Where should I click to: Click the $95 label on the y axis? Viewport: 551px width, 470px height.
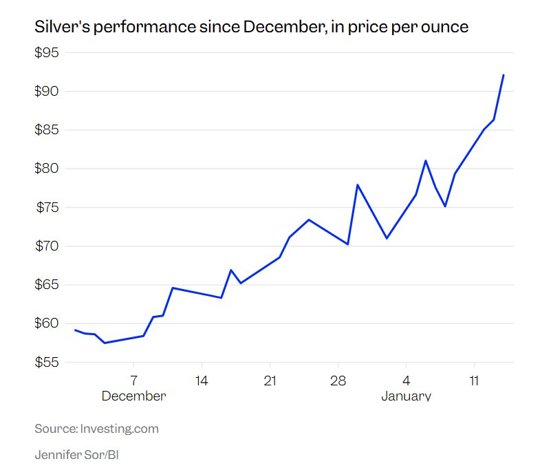[47, 53]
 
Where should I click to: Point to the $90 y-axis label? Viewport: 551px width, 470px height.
[47, 92]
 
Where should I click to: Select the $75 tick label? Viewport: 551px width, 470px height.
[47, 208]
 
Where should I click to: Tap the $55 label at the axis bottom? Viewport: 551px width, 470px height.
[47, 362]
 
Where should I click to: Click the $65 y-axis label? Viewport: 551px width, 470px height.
[47, 285]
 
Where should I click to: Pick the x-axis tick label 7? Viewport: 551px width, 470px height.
[133, 381]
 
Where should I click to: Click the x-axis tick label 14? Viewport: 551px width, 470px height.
[201, 381]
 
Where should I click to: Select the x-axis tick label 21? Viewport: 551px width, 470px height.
[270, 381]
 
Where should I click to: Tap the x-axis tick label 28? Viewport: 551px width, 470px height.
[337, 381]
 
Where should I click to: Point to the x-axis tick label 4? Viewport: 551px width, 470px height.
[406, 381]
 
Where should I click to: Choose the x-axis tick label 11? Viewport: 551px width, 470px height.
[474, 381]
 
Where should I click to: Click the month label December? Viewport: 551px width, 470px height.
[133, 396]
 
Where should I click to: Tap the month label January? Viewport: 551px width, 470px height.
[406, 396]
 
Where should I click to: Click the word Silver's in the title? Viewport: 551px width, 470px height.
[59, 28]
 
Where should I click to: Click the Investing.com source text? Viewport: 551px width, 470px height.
[119, 429]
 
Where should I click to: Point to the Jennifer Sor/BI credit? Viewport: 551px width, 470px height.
[73, 455]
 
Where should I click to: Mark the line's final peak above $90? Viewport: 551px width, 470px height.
[504, 75]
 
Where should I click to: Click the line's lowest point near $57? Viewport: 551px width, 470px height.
[105, 343]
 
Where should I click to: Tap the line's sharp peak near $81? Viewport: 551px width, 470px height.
[426, 160]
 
